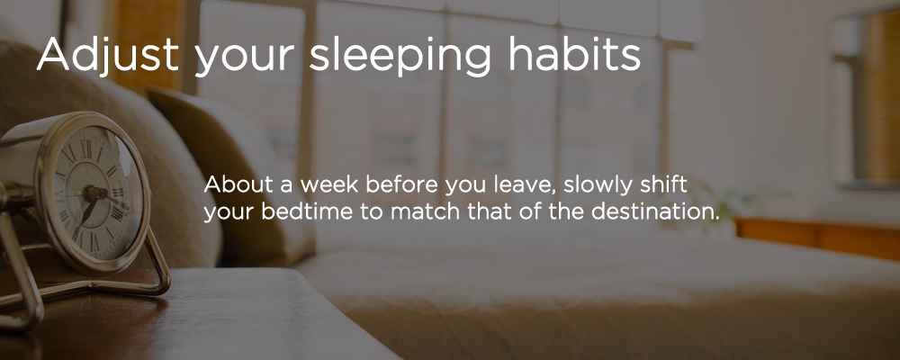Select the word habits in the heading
(574, 53)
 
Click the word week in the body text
(329, 185)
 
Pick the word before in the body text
(400, 185)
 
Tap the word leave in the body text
(528, 186)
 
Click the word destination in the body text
(655, 211)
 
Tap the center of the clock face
(91, 193)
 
